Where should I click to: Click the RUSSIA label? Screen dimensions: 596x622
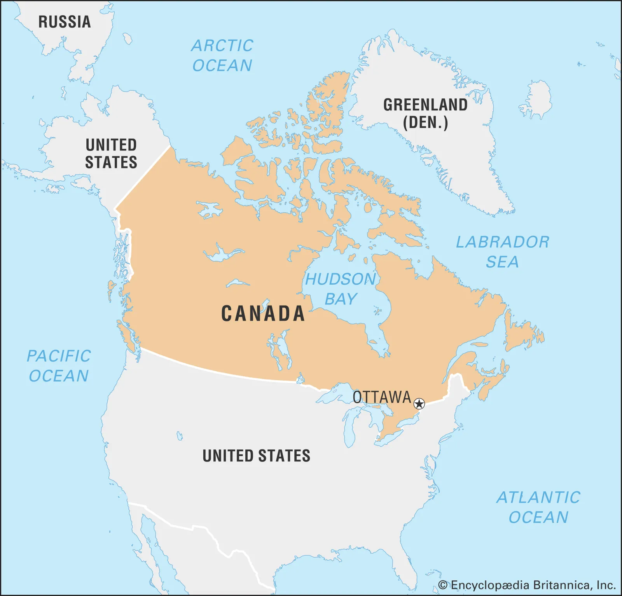[65, 22]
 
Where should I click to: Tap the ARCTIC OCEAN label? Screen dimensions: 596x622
[222, 56]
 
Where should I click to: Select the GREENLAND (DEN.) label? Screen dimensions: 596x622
[425, 114]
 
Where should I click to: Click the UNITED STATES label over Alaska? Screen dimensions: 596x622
[111, 154]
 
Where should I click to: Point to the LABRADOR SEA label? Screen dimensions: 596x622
[503, 252]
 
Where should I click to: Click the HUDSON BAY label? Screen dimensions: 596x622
[341, 289]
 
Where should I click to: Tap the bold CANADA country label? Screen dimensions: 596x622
[263, 314]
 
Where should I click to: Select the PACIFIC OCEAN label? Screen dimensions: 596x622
[59, 366]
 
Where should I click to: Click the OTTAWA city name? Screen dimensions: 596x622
[382, 397]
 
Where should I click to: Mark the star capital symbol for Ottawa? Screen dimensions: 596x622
[419, 404]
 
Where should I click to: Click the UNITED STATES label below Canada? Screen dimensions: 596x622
[257, 456]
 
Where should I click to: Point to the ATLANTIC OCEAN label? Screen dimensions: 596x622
[538, 507]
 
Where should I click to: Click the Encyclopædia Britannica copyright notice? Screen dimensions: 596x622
[527, 585]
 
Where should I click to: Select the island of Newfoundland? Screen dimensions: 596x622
[523, 334]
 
